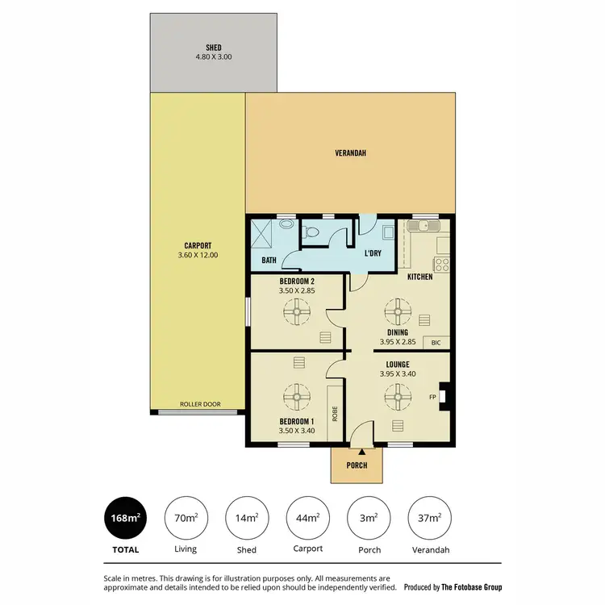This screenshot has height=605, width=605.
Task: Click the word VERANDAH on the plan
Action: (x=351, y=152)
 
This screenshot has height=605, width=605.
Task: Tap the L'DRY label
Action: (x=373, y=254)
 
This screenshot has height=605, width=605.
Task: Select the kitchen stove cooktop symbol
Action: (x=442, y=264)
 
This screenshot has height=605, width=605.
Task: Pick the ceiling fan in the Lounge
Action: (x=397, y=396)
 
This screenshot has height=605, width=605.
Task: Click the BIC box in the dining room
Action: (x=436, y=342)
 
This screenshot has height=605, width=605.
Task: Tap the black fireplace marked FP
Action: (x=443, y=397)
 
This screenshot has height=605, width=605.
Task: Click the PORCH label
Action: (x=357, y=465)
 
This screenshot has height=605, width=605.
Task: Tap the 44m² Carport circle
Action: (x=307, y=517)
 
